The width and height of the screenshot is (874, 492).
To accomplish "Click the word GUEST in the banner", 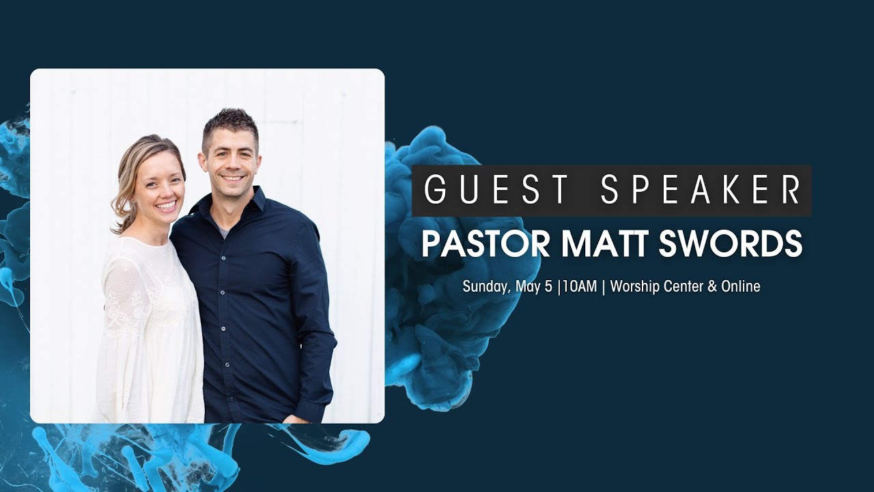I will coord(496,190).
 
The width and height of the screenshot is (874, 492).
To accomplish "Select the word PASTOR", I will coord(478,244).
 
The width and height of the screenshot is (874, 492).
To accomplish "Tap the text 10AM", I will coord(579,287).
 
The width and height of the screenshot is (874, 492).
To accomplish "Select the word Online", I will coord(741,287).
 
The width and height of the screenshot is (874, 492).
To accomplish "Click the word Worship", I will coord(635,287).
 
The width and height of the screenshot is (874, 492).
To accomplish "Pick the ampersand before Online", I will coord(712,287).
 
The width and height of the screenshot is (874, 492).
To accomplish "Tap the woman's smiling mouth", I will coord(165,204).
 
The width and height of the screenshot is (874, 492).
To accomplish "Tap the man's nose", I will coord(233,165).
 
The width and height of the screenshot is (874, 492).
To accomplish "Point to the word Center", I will coord(683,287).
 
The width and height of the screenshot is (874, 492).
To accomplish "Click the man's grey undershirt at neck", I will coord(225,233).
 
